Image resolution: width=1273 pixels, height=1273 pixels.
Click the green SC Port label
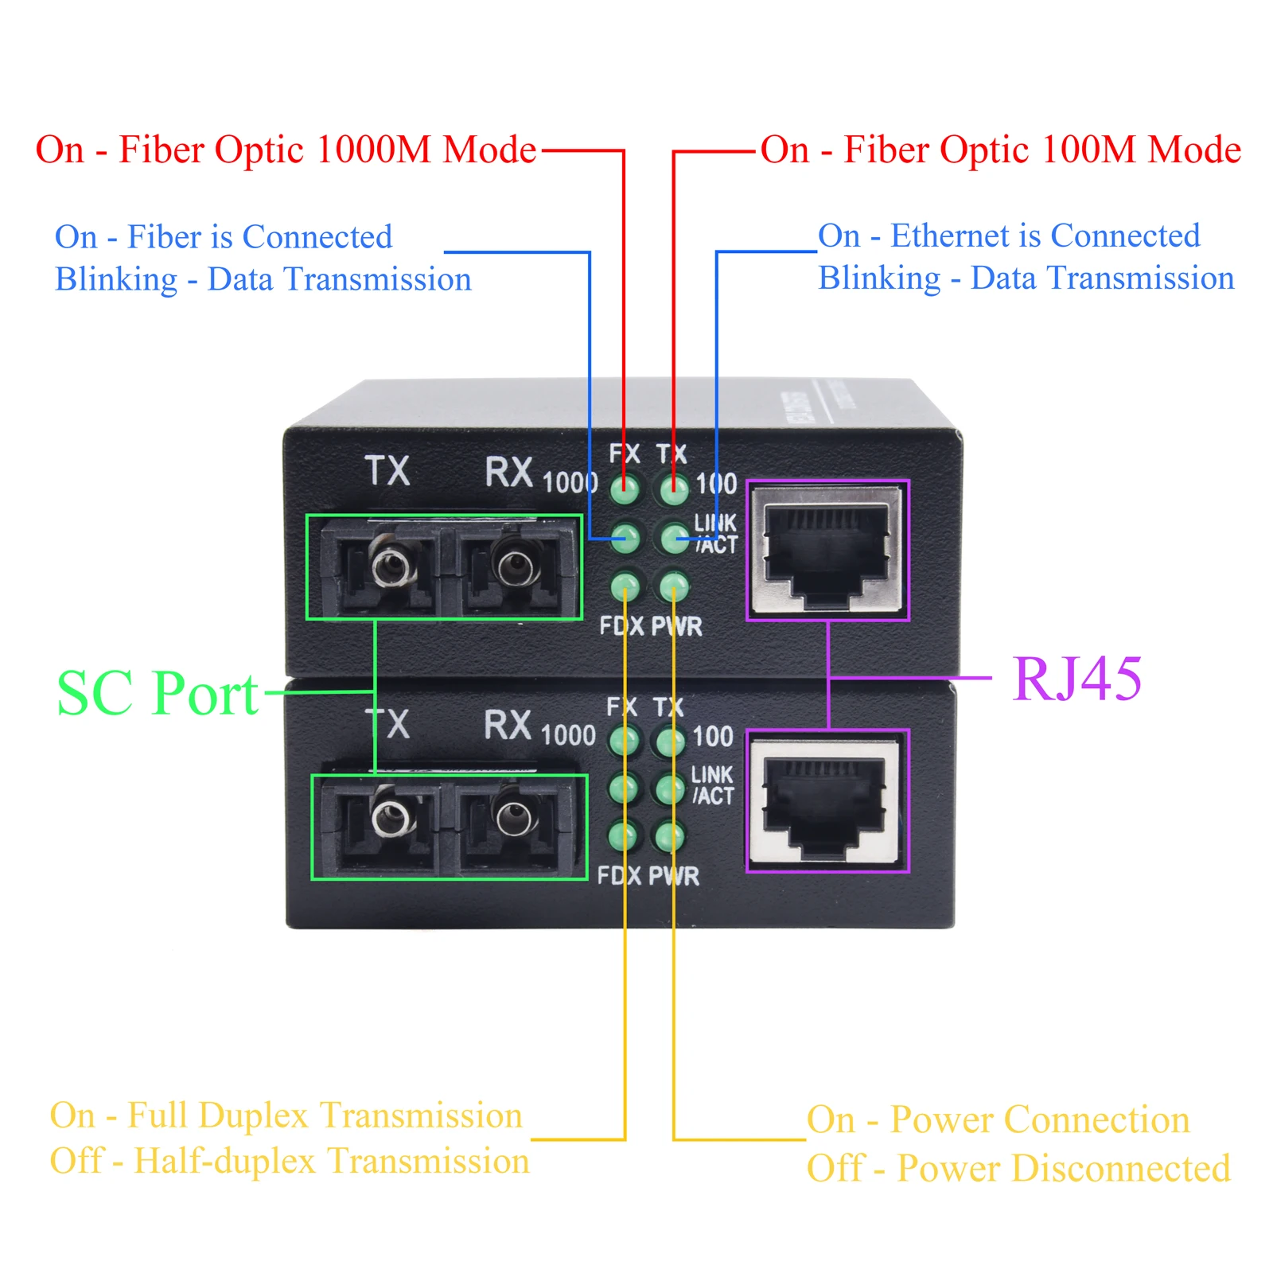(x=158, y=693)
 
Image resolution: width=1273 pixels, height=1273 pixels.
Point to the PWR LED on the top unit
(x=674, y=587)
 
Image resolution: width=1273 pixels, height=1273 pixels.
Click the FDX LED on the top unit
(x=625, y=587)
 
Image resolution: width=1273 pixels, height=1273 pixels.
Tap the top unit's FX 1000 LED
(x=625, y=489)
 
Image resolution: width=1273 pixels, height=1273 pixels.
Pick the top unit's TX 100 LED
(x=674, y=489)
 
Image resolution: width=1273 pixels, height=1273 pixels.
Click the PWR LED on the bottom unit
(x=668, y=836)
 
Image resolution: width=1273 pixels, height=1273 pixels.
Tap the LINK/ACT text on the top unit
(x=716, y=534)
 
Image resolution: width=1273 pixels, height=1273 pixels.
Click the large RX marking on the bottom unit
(x=508, y=725)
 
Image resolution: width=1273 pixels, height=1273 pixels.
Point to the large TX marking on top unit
(x=387, y=470)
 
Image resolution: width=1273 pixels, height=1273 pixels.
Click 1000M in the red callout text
(x=374, y=150)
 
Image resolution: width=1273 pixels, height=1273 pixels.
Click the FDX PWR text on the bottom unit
(x=648, y=876)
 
